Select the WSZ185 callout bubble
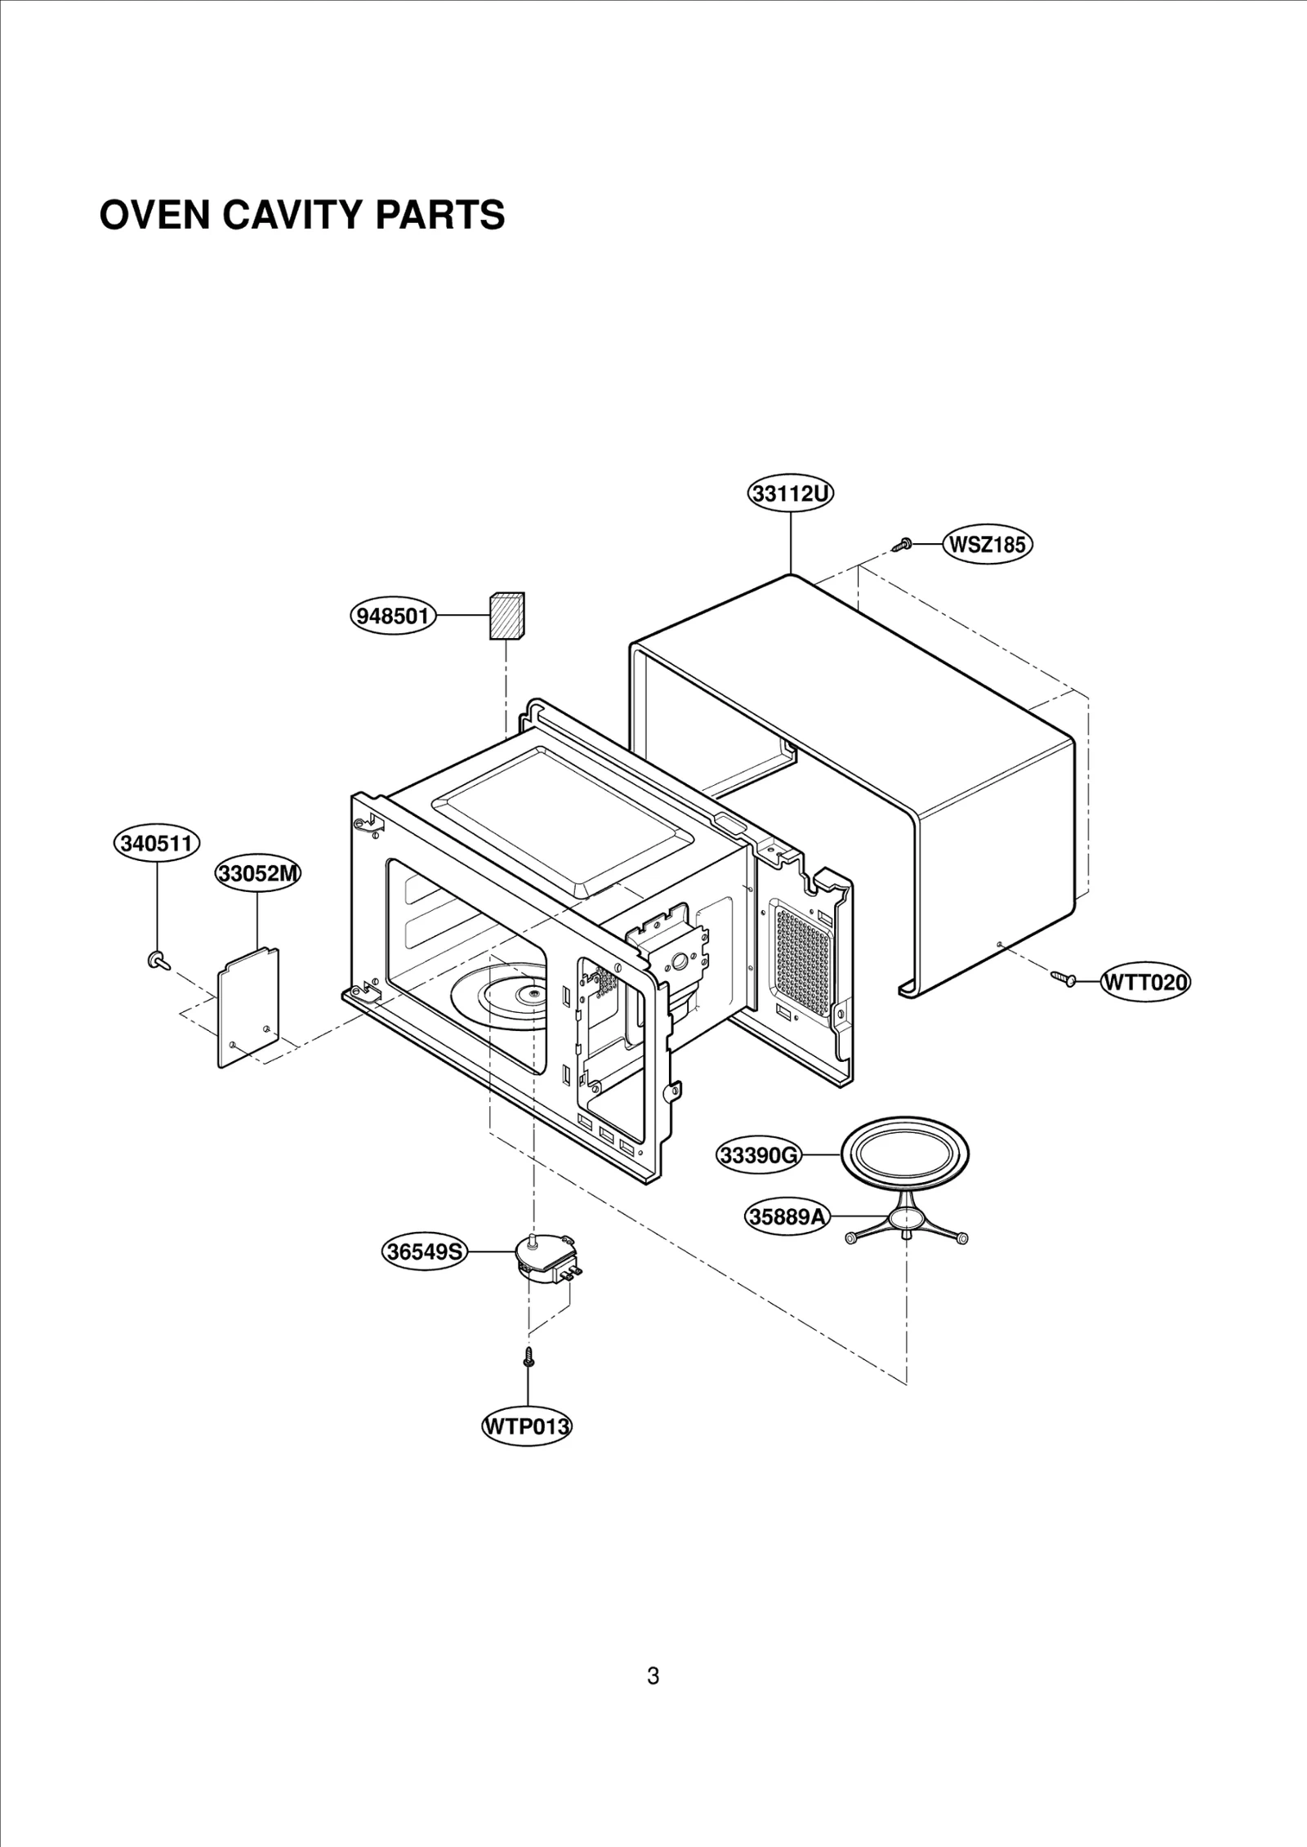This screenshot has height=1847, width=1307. coord(988,544)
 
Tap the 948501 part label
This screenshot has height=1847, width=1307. coord(393,616)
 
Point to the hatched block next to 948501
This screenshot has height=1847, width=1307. coord(506,615)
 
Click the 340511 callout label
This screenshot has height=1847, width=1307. coord(156,843)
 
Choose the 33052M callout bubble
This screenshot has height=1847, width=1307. coord(258,873)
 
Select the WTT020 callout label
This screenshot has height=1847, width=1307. coord(1144,981)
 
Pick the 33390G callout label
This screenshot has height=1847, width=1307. coord(759,1155)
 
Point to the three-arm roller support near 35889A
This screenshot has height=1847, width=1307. coord(907,1223)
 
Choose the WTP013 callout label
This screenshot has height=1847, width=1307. coord(526,1427)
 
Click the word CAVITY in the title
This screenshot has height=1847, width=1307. coord(289,215)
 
